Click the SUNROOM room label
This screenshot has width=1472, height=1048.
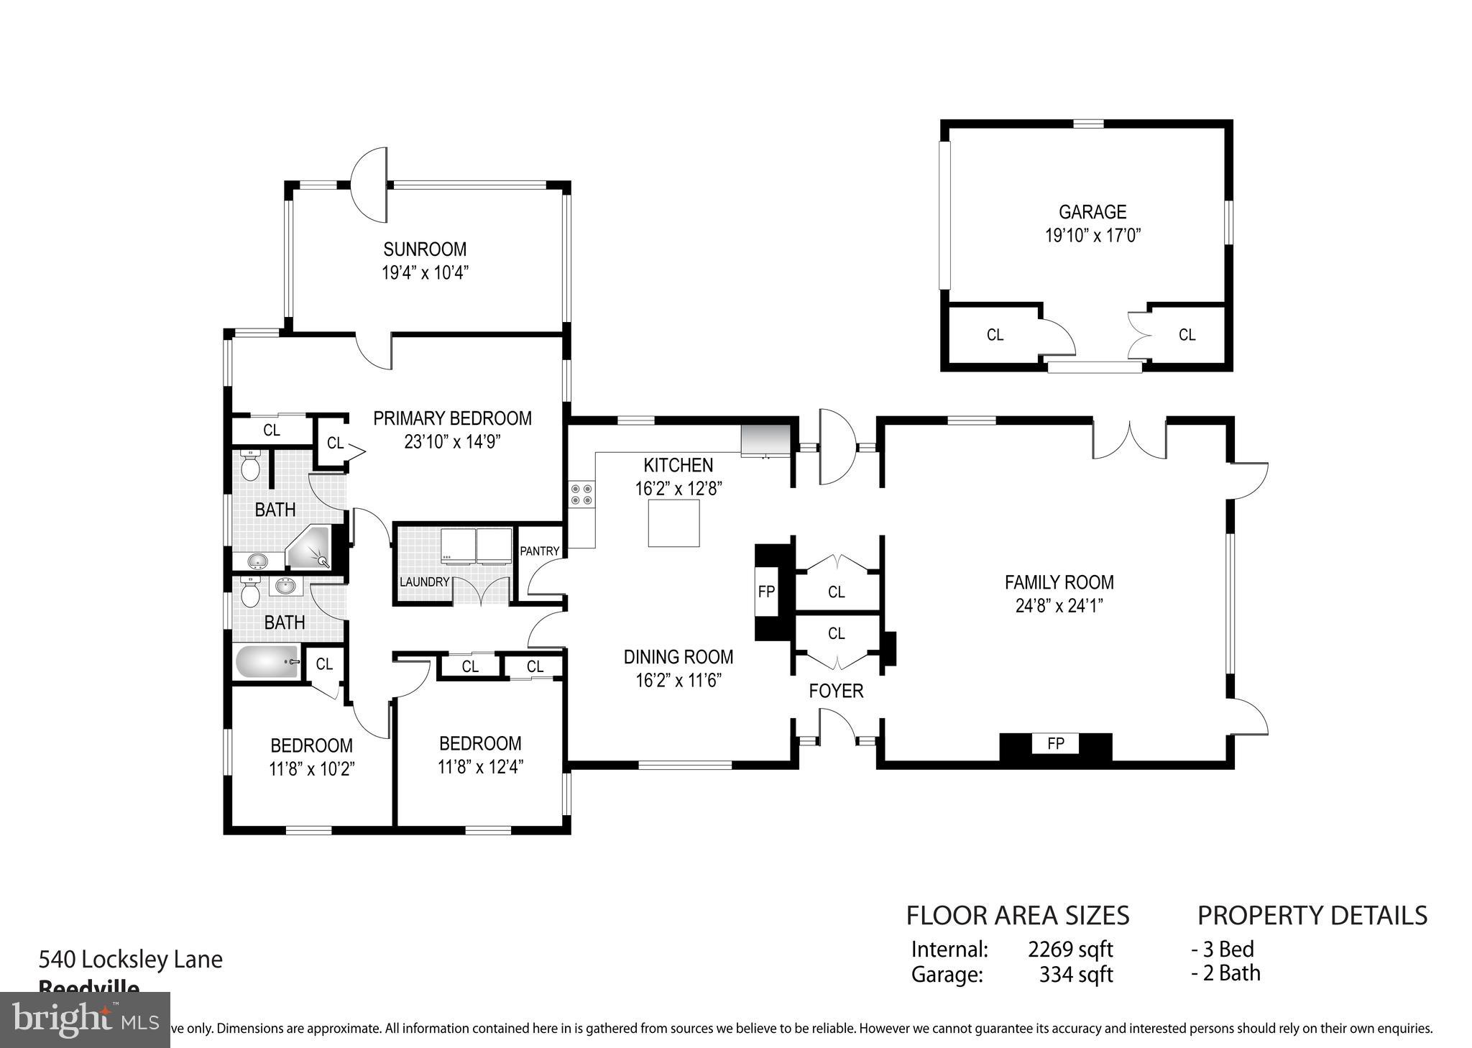[424, 249]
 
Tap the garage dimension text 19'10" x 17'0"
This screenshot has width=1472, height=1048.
[1092, 235]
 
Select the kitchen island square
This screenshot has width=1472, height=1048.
[673, 523]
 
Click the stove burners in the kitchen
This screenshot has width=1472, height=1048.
[581, 494]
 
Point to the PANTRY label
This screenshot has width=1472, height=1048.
[540, 551]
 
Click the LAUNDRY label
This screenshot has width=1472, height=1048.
[424, 582]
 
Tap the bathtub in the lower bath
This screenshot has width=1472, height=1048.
[267, 661]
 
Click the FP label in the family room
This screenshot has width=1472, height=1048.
[1055, 744]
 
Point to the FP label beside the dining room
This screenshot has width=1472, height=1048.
[766, 592]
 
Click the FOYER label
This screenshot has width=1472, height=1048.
[836, 691]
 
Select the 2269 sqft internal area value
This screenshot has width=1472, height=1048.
[1070, 950]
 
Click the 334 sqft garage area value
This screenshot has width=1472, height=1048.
[1075, 975]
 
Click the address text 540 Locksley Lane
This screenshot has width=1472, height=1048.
[130, 959]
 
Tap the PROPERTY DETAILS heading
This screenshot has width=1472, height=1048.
[1312, 915]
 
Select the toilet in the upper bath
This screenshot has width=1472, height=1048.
[250, 467]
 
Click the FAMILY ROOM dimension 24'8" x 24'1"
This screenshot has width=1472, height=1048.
[1059, 605]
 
